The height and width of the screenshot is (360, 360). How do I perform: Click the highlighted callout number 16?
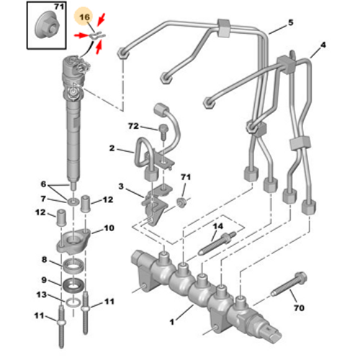pyautogui.click(x=84, y=15)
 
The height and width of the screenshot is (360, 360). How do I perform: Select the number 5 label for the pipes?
pyautogui.click(x=290, y=22)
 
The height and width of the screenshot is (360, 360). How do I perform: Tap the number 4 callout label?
pyautogui.click(x=323, y=45)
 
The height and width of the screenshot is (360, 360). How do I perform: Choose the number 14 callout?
pyautogui.click(x=215, y=227)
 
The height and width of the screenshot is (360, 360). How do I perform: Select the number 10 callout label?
pyautogui.click(x=109, y=228)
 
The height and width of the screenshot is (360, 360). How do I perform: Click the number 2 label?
pyautogui.click(x=112, y=148)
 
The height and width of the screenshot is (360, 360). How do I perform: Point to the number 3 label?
pyautogui.click(x=122, y=186)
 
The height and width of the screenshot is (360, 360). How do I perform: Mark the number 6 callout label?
pyautogui.click(x=43, y=184)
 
